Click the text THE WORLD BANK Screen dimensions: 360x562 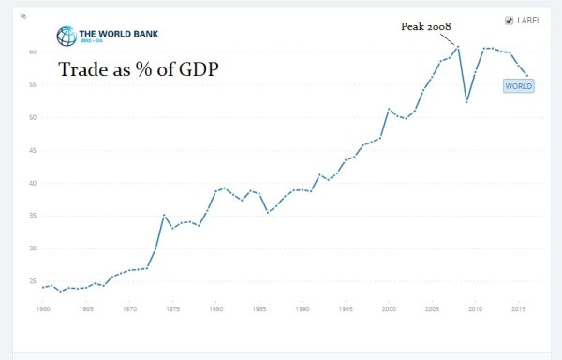(119, 31)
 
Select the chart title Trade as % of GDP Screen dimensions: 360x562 (140, 69)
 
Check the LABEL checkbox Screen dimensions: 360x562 (509, 20)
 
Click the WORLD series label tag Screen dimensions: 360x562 (518, 86)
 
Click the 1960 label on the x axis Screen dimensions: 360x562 (43, 307)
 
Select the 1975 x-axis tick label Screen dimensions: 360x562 (172, 307)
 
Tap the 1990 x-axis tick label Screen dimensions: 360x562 (302, 307)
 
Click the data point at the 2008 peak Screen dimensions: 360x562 (458, 46)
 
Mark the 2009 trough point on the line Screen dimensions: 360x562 (466, 100)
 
